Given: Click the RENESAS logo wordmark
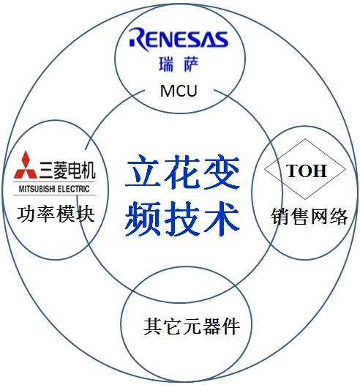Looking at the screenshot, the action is [x=179, y=40].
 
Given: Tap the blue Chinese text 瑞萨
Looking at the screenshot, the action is [x=179, y=64].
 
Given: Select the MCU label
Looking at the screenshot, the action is [x=179, y=91].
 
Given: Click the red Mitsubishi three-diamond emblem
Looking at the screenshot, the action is [x=26, y=165].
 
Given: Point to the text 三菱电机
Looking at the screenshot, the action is [x=67, y=170].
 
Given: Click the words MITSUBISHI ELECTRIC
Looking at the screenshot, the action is [x=54, y=189].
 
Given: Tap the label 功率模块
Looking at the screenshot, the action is [x=56, y=214].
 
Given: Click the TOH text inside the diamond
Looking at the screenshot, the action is [x=307, y=171].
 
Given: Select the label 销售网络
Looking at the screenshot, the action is [x=310, y=216].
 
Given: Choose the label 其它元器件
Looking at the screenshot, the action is [x=192, y=326].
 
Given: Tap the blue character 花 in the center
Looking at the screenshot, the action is [x=181, y=172].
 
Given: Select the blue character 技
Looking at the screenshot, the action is [x=181, y=219].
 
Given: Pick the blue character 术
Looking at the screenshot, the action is [x=222, y=219].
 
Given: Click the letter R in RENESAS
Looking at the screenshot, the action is [x=139, y=40].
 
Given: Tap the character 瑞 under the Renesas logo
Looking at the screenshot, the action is [x=166, y=64].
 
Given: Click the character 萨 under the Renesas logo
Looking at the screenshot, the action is [x=191, y=64].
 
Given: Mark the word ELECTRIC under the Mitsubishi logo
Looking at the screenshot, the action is [x=73, y=189].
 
